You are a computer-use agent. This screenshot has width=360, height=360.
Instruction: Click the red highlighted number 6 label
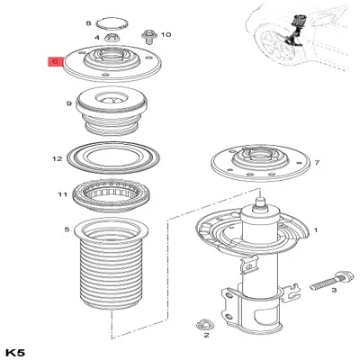[56, 63]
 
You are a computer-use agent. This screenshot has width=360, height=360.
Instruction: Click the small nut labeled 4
[112, 39]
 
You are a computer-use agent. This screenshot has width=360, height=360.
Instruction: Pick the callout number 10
[166, 33]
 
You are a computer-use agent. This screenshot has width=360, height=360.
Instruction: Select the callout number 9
[68, 104]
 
